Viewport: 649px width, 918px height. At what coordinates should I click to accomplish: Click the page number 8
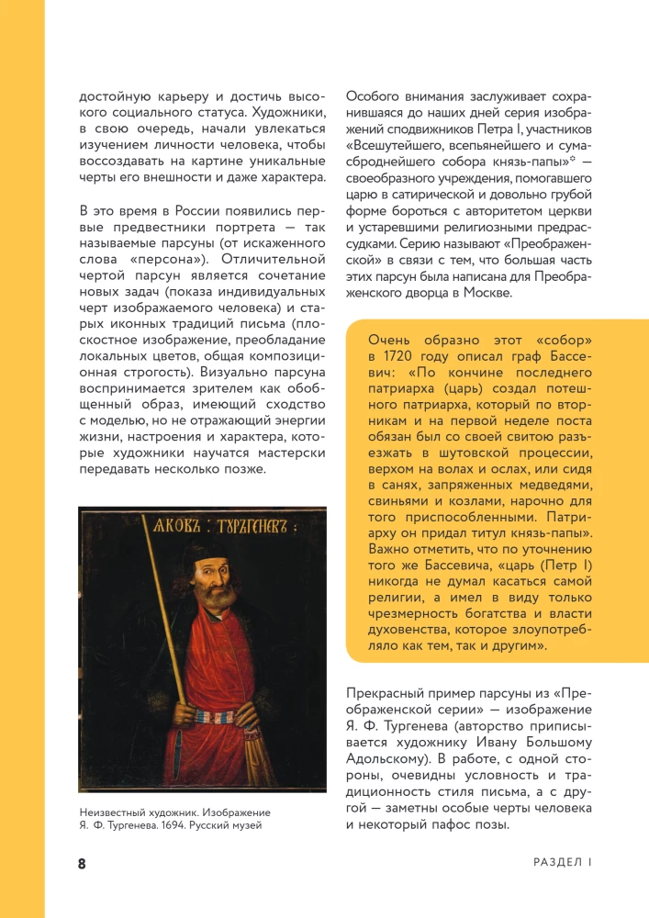tap(82, 864)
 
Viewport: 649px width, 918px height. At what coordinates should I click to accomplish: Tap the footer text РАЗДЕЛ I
tap(563, 863)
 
